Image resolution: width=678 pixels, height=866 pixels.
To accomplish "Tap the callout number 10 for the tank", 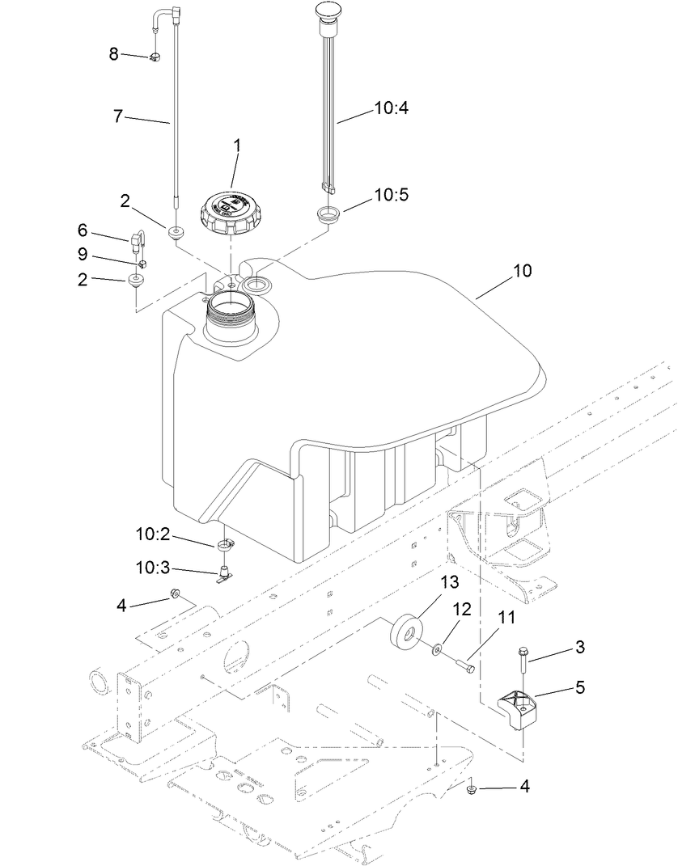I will point(522,271).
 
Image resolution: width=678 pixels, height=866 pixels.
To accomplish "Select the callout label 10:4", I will point(392,106).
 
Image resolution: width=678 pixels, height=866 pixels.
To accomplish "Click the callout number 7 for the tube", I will point(118,116).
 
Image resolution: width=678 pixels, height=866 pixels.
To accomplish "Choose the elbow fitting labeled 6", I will point(136,241).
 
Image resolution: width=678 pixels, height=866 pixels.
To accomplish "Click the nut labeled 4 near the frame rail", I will point(175,596).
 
